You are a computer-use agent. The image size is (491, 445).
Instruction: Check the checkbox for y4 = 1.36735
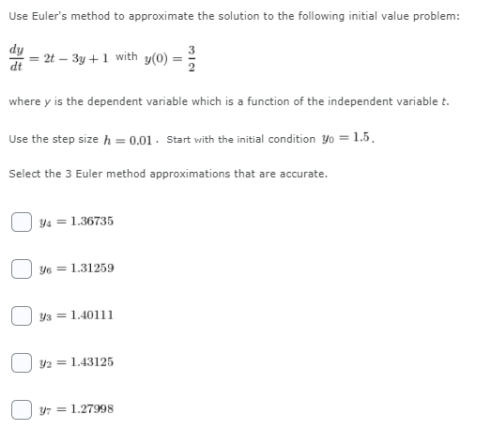click(21, 222)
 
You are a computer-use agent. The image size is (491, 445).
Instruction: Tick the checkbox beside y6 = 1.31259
click(21, 269)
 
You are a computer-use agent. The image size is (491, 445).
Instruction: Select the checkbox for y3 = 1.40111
click(21, 315)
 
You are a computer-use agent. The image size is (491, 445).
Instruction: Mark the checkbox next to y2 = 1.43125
click(21, 361)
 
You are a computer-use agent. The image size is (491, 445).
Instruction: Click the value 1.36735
click(91, 222)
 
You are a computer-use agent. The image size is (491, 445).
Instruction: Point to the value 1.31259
click(91, 269)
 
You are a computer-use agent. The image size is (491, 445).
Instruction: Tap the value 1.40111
click(91, 315)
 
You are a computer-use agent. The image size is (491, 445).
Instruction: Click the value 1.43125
click(91, 361)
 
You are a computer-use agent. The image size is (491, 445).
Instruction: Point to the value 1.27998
click(91, 408)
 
